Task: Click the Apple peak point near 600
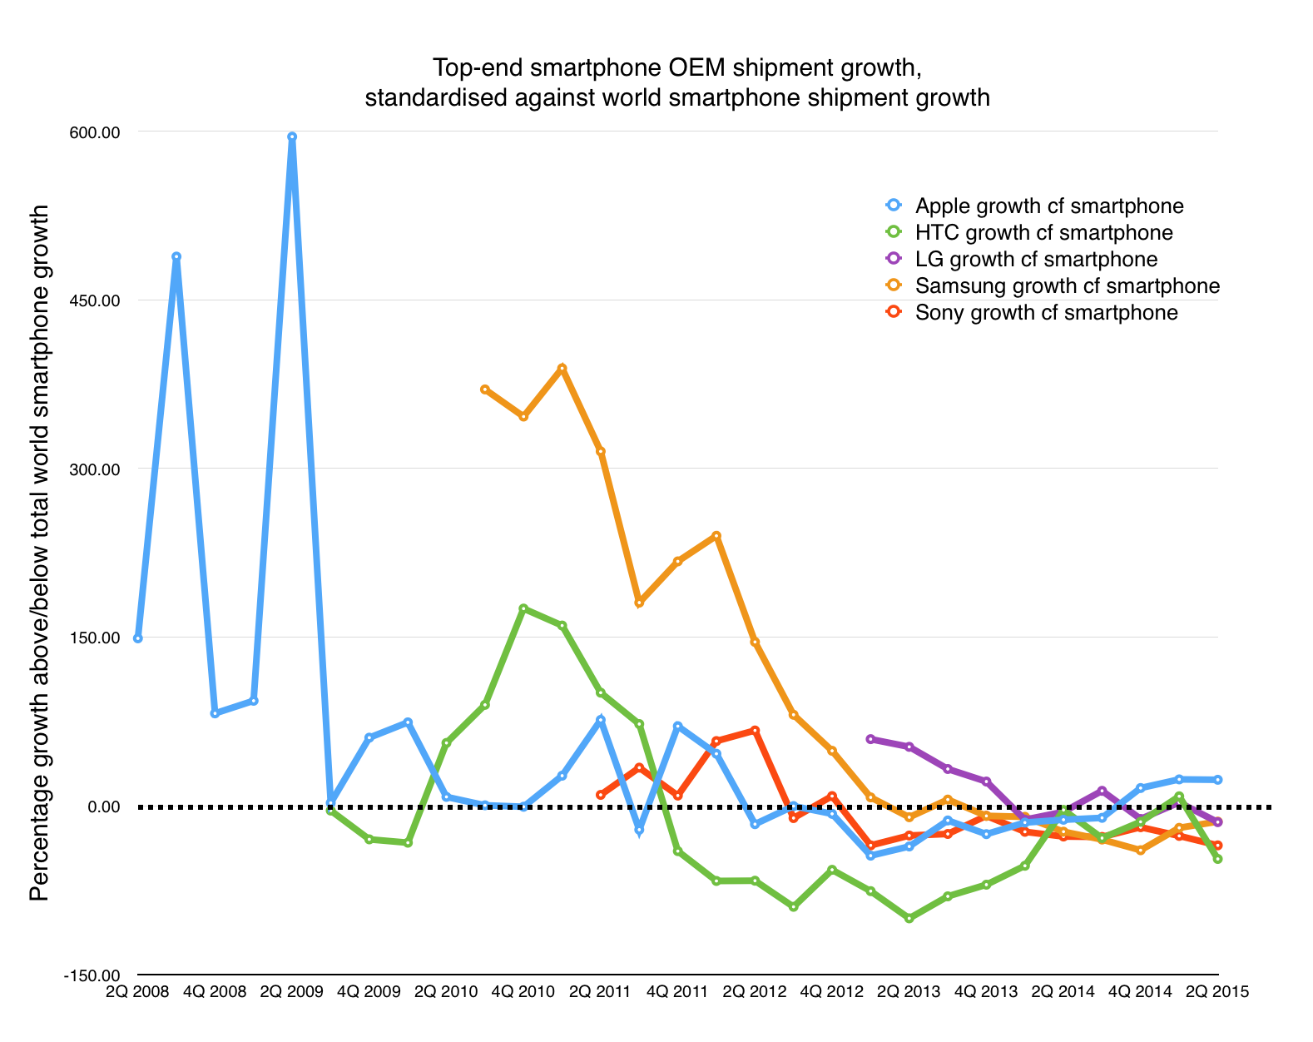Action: pos(292,136)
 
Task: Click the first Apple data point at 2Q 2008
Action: pos(138,638)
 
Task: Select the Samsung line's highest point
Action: pos(562,368)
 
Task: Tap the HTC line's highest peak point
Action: pos(523,608)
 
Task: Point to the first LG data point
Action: pos(870,739)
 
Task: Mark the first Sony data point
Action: pos(601,795)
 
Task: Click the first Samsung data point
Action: pos(485,390)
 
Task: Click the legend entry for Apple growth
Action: pos(1048,206)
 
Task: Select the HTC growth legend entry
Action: pos(1043,232)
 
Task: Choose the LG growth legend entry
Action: pos(1036,259)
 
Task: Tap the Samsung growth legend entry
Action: pos(1067,285)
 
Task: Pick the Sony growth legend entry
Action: pos(1046,312)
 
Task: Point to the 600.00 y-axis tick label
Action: pos(98,131)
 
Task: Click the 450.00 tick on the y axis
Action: pos(98,300)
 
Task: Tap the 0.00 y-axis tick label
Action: pos(104,806)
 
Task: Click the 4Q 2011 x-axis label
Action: pos(677,992)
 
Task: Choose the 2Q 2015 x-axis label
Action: pos(1217,992)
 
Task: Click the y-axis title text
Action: pos(39,553)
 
